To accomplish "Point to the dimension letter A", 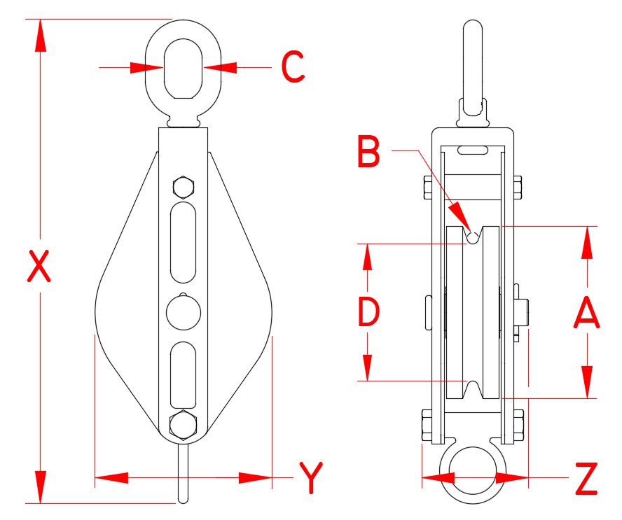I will click(586, 312).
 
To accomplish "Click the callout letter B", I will click(368, 152).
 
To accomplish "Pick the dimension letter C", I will click(293, 68).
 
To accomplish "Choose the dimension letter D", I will click(368, 312).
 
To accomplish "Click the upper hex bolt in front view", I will click(183, 188).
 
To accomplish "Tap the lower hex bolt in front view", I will click(183, 424).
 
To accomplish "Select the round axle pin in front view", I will click(184, 312).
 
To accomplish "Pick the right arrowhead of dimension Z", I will click(512, 478).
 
